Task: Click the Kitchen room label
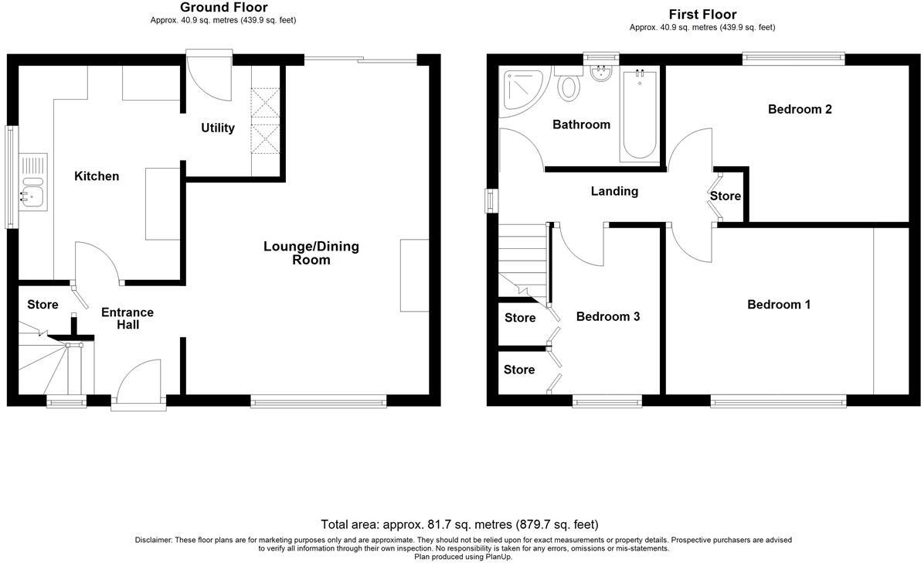[x=97, y=176]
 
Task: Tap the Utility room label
[x=218, y=128]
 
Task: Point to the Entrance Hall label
[x=127, y=319]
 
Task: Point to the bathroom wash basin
[x=600, y=74]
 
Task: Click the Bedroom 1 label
[x=779, y=305]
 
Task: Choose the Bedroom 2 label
[x=800, y=109]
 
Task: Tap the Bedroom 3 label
[x=608, y=317]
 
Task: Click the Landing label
[x=614, y=191]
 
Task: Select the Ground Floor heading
[x=223, y=8]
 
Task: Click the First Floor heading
[x=702, y=15]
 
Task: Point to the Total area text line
[x=460, y=524]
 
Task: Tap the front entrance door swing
[x=138, y=380]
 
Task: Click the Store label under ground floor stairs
[x=42, y=305]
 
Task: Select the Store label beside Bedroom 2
[x=726, y=196]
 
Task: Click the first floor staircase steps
[x=522, y=255]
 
